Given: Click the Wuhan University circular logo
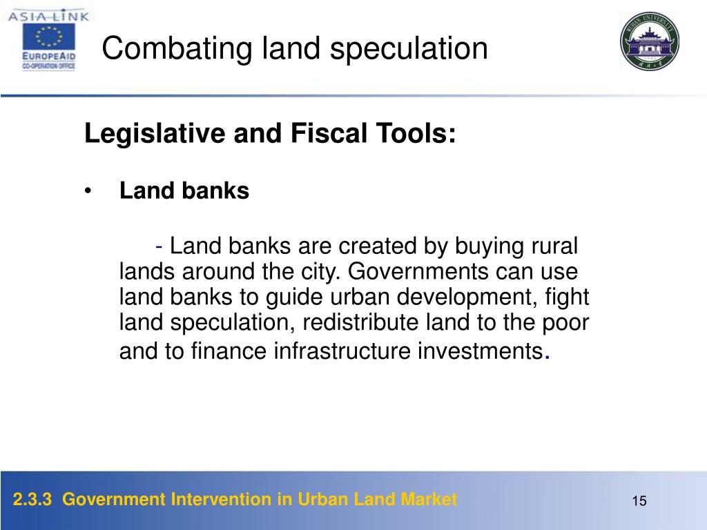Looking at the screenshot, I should [x=650, y=42].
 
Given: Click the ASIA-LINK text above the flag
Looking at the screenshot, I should [x=49, y=14].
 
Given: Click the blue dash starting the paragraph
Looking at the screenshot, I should [x=159, y=246].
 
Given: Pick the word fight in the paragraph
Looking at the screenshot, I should [x=565, y=297].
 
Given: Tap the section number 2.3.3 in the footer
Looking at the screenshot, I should [x=32, y=499].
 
